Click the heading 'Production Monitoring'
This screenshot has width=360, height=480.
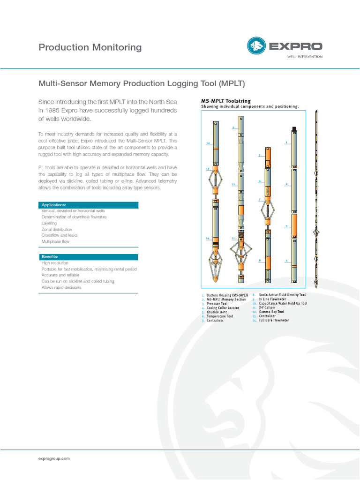coord(90,47)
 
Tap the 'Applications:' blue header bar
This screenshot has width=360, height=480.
coord(88,205)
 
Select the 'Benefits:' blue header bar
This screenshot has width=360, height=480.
coord(88,257)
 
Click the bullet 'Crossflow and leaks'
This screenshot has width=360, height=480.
coord(60,235)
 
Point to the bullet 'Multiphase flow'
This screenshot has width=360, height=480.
coord(55,241)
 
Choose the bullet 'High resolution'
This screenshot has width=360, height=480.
coord(55,263)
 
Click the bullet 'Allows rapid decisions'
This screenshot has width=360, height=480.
coord(61,287)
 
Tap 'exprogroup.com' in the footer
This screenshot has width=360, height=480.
coord(54,458)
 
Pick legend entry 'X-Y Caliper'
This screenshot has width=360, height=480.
coord(267,307)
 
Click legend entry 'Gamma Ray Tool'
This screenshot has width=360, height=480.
coord(271,312)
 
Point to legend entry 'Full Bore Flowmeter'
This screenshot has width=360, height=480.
coord(274,320)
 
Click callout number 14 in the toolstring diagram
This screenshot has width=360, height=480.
coord(208,238)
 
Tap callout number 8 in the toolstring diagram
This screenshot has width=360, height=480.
coord(260,260)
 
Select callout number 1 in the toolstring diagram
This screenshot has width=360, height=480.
coord(286,142)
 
